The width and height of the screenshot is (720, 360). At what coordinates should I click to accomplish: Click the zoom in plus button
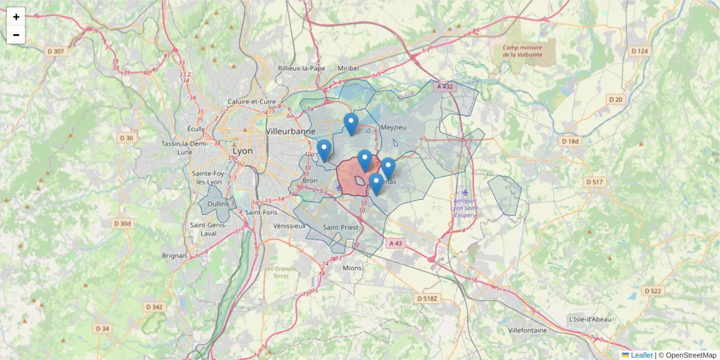[x=16, y=17]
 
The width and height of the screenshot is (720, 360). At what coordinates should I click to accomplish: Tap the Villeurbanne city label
[x=290, y=131]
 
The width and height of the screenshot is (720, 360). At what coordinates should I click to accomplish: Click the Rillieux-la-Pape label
[x=301, y=68]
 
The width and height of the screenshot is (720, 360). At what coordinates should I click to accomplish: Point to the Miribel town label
[x=348, y=68]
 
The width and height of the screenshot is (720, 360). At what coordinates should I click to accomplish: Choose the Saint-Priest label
[x=340, y=227]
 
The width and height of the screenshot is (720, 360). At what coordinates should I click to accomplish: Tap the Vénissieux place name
[x=289, y=226]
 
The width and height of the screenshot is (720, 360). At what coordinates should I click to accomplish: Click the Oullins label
[x=218, y=203]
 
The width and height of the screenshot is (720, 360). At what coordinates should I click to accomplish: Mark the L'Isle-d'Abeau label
[x=590, y=319]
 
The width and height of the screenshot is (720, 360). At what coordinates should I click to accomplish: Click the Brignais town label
[x=175, y=255]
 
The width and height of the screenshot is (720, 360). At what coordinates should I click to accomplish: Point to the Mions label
[x=352, y=268]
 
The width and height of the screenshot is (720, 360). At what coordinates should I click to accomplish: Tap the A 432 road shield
[x=445, y=87]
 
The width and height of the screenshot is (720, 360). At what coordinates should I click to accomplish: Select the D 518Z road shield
[x=428, y=298]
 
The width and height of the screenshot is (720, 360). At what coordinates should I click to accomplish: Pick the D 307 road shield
[x=56, y=52]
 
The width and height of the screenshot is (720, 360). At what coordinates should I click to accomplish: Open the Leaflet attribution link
[x=641, y=355]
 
